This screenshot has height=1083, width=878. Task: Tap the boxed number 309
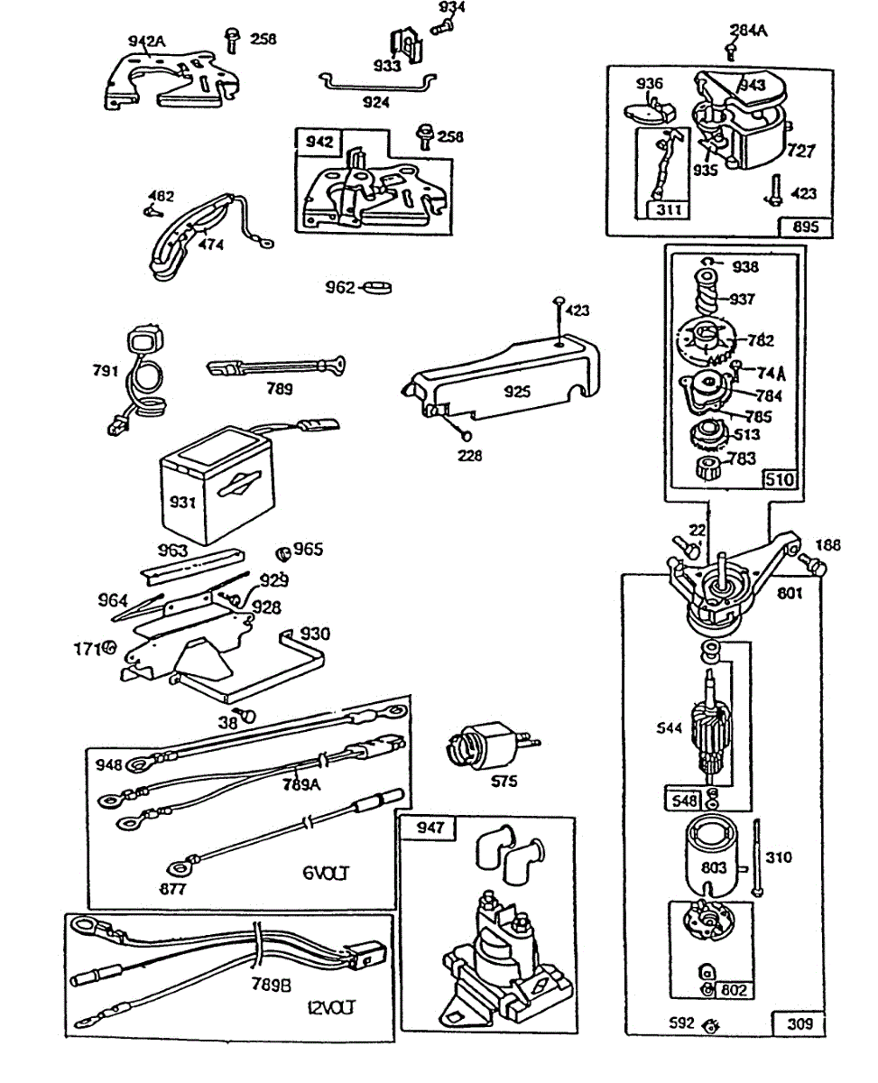(799, 1023)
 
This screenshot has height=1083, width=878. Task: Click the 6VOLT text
(327, 874)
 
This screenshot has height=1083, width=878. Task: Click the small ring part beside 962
(379, 288)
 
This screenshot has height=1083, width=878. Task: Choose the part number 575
(504, 782)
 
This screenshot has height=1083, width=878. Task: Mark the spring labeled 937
(711, 297)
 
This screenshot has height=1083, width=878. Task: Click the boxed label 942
(319, 142)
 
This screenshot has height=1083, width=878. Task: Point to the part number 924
(375, 102)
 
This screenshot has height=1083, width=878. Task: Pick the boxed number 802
(735, 991)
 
